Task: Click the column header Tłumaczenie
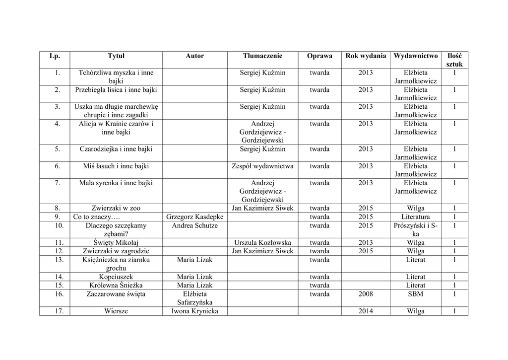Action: (262, 56)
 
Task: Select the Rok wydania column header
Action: (365, 56)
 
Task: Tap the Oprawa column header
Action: (319, 56)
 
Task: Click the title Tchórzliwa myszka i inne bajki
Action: (116, 77)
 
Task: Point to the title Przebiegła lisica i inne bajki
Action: (116, 90)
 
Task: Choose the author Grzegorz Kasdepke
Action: (195, 217)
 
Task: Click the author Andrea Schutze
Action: (195, 225)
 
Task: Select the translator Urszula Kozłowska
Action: (262, 243)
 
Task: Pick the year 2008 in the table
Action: (365, 294)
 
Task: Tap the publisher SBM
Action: (415, 294)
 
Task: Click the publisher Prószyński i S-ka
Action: (415, 229)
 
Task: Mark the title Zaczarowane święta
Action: (116, 294)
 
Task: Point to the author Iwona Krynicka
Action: (195, 311)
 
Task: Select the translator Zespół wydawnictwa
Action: (262, 166)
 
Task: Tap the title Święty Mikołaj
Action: (116, 243)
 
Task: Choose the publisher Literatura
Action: (415, 217)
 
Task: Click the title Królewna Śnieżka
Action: (116, 286)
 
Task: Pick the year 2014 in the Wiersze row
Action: (365, 311)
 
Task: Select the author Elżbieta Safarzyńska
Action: (195, 298)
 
